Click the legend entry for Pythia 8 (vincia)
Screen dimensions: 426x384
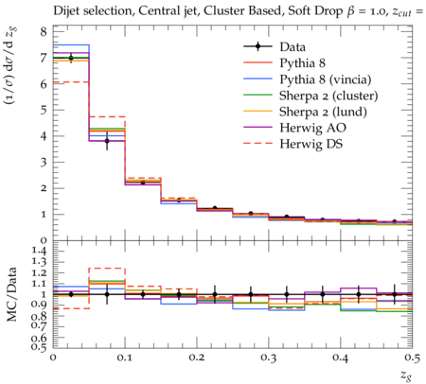coord(326,79)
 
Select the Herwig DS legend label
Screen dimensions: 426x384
coord(311,144)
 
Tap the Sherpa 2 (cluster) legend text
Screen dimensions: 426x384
coord(328,96)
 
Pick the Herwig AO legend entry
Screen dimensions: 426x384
coord(312,128)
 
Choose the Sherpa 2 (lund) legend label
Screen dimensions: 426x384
coord(323,112)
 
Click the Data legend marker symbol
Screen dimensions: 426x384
coord(257,46)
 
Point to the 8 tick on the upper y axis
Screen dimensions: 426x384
coord(44,31)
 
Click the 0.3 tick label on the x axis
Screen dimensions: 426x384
coord(269,358)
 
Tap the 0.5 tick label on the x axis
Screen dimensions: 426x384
coord(413,358)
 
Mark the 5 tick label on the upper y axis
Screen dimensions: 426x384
coord(44,110)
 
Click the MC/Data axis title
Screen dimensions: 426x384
coord(11,294)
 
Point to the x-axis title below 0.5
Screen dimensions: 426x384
coord(406,375)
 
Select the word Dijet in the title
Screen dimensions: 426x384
coord(65,11)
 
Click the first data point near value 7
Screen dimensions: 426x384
coord(71,58)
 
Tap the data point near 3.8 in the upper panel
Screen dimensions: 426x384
coord(107,141)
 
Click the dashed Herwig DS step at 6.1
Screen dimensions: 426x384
coord(71,82)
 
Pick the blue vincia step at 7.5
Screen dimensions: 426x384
coord(71,44)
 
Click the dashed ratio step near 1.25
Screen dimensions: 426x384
coord(107,269)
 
